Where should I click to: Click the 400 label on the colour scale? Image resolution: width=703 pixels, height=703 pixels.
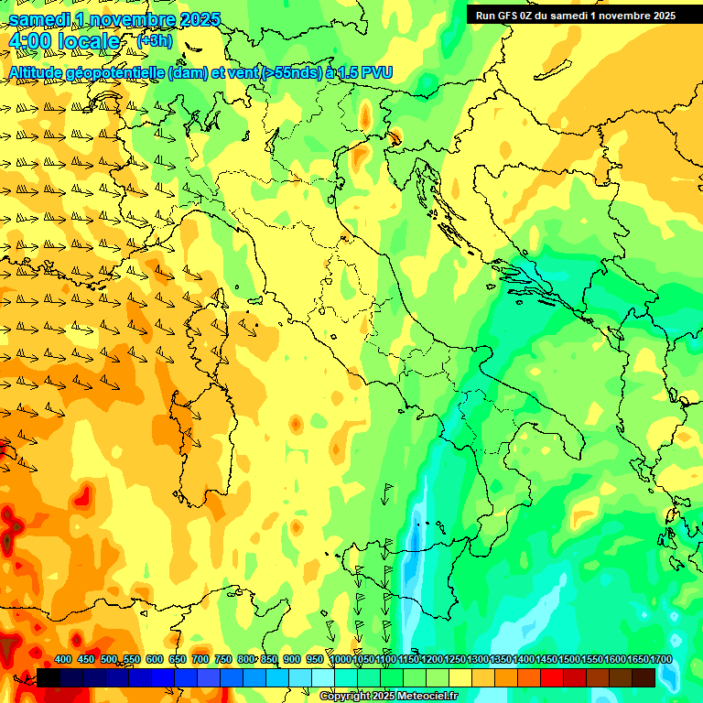(62, 659)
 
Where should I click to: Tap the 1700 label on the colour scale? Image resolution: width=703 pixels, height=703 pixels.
(637, 659)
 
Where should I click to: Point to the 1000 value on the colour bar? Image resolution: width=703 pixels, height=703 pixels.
(341, 659)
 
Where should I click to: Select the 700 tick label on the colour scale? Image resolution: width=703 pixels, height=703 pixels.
(200, 659)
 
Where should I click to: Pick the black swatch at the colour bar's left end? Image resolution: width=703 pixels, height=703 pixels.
(49, 677)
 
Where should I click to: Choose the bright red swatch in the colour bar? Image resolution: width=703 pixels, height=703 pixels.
(552, 677)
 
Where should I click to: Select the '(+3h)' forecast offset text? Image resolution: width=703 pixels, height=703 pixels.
(154, 40)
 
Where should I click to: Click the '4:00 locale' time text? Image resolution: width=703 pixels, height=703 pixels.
(64, 41)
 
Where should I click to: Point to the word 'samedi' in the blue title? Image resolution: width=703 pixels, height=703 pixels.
(42, 18)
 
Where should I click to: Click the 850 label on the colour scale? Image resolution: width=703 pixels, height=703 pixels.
(269, 659)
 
